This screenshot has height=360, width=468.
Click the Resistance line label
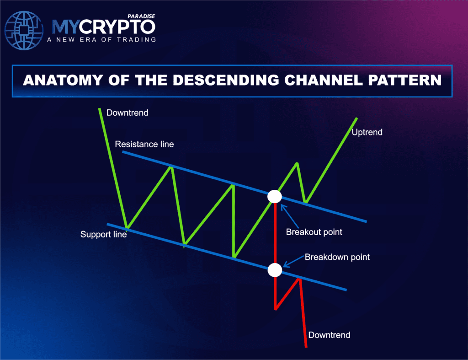pos(144,144)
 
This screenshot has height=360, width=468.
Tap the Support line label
pos(103,235)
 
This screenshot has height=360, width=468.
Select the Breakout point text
pos(314,232)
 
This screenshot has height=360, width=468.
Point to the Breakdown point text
pos(337,257)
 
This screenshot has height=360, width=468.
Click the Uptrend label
pos(367,133)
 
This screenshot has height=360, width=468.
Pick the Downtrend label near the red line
pos(329,335)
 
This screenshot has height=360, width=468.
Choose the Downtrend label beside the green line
pos(127,113)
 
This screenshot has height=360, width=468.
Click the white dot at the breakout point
pos(275,197)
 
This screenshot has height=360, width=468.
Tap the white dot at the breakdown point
pos(275,270)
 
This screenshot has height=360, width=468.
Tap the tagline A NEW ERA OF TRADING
pos(101,39)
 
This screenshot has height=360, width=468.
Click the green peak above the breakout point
pos(297,163)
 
